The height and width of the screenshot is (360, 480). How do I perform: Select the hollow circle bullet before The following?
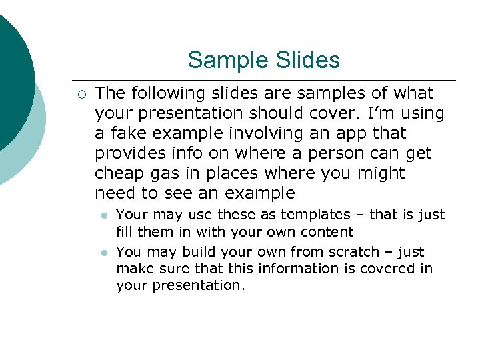pos(80,93)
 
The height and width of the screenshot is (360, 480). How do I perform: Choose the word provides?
pos(127,153)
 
